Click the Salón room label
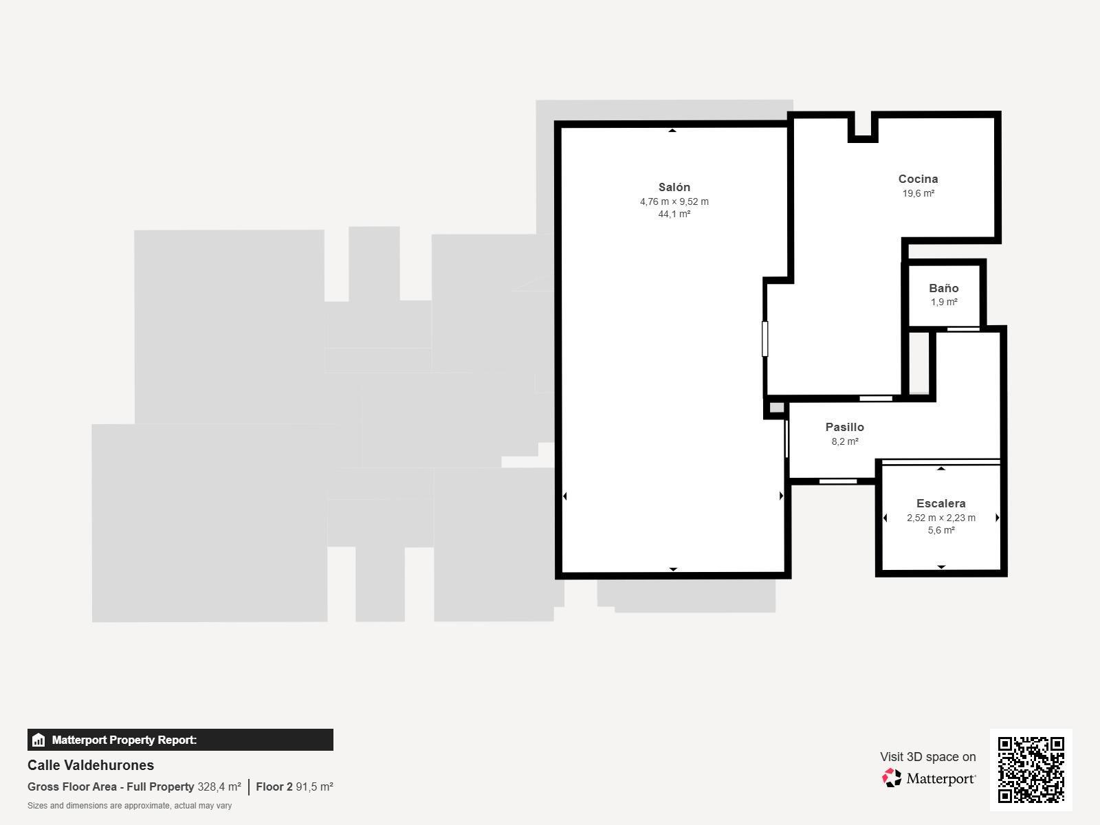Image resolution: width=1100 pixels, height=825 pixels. [x=674, y=187]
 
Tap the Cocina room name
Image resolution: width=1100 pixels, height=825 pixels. [x=918, y=179]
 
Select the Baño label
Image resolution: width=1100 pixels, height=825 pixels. [x=943, y=288]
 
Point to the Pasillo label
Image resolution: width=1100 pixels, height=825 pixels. [x=844, y=427]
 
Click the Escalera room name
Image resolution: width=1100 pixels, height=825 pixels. [x=940, y=503]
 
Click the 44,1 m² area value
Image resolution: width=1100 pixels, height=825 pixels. [x=674, y=214]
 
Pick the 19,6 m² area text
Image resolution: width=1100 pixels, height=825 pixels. [x=918, y=193]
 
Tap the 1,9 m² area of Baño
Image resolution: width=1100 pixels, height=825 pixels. [x=944, y=302]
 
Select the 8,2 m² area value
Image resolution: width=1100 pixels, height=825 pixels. [x=844, y=441]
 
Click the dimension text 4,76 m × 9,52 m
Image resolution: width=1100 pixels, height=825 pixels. [x=674, y=201]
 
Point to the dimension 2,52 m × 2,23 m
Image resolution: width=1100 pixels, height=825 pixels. [x=940, y=518]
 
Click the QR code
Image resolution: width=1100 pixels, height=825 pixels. [x=1031, y=769]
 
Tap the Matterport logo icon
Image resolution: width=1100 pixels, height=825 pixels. [x=892, y=778]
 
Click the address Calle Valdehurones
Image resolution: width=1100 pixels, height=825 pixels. [x=91, y=765]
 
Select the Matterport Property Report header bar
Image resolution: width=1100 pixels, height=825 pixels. [x=180, y=740]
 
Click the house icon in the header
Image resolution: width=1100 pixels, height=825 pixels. [x=38, y=740]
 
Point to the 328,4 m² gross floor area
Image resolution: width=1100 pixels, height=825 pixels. [x=219, y=786]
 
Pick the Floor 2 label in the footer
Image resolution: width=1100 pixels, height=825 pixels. [x=274, y=786]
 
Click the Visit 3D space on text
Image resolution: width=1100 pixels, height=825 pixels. [x=927, y=756]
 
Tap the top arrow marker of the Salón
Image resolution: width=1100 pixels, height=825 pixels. [x=672, y=130]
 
